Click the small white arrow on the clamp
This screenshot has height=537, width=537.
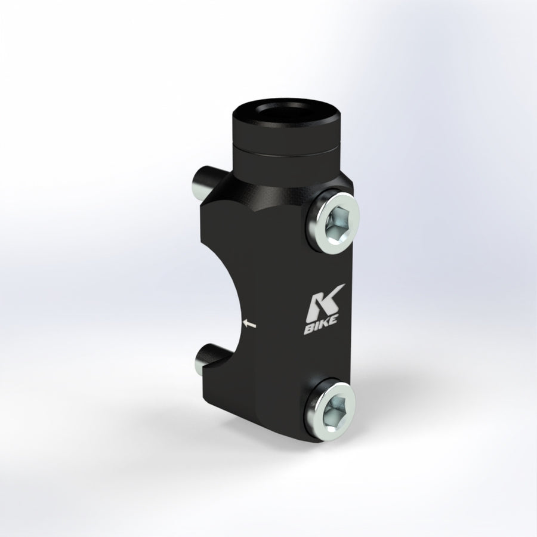[x=249, y=323]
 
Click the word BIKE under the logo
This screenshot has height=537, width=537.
[x=320, y=325]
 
